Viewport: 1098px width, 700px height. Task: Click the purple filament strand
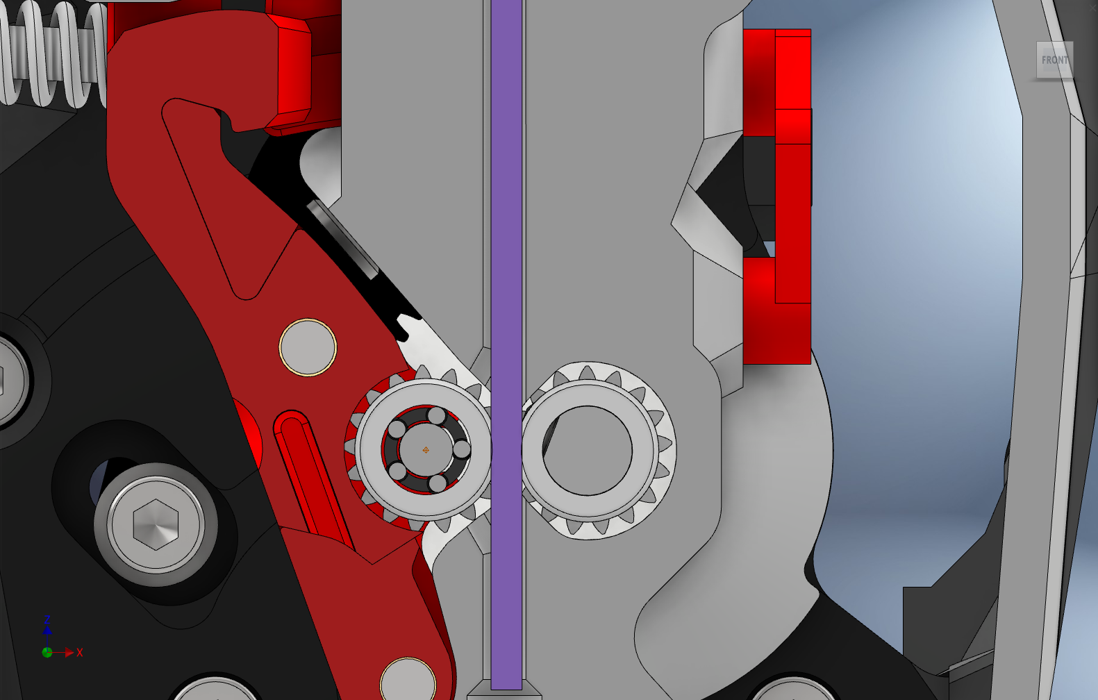tap(506, 278)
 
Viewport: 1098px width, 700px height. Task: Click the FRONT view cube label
tap(1054, 60)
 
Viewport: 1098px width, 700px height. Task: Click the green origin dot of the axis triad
tap(47, 653)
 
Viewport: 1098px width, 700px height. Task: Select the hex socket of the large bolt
tap(156, 524)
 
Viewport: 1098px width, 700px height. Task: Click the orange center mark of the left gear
tap(426, 450)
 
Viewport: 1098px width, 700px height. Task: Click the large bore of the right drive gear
tap(588, 451)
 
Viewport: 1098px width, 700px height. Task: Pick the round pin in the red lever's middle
tap(308, 347)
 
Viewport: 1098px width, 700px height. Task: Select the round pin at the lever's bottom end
tap(408, 681)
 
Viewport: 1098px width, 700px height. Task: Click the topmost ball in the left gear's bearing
tap(437, 417)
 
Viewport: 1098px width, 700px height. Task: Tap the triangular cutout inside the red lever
tap(208, 187)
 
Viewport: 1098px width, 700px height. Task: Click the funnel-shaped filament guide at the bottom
tap(505, 692)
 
